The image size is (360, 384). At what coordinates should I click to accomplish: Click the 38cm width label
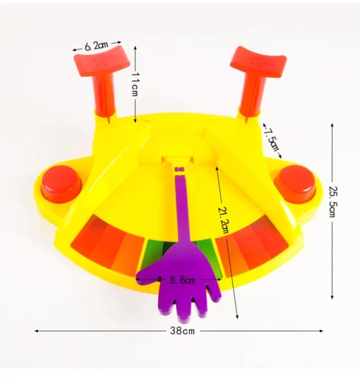(x=182, y=331)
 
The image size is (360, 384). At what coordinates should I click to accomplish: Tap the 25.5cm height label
(x=332, y=202)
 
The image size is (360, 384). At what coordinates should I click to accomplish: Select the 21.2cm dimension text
(x=224, y=220)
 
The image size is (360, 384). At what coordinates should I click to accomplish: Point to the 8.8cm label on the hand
(x=183, y=280)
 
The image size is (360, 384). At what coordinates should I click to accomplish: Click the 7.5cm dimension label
(x=272, y=140)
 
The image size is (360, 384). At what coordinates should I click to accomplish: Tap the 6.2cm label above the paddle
(x=97, y=46)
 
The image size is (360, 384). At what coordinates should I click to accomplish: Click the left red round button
(x=61, y=182)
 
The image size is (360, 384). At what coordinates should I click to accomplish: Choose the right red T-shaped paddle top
(x=258, y=61)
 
